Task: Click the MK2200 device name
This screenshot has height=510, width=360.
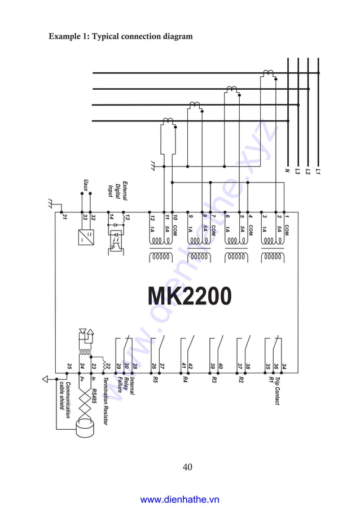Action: [x=190, y=296]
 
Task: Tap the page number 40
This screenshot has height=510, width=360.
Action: [x=187, y=467]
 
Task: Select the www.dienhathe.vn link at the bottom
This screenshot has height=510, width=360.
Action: [x=179, y=499]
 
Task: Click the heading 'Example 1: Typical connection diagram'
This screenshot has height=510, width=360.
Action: [x=121, y=36]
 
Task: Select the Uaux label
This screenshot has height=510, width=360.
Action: [x=86, y=185]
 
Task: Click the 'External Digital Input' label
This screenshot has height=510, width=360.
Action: [x=118, y=191]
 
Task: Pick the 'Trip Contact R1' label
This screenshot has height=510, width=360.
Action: [x=274, y=390]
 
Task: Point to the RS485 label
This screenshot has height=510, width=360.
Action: [x=94, y=389]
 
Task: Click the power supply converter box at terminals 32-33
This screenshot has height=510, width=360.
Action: [x=86, y=236]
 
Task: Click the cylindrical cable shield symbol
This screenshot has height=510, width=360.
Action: [x=86, y=431]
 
